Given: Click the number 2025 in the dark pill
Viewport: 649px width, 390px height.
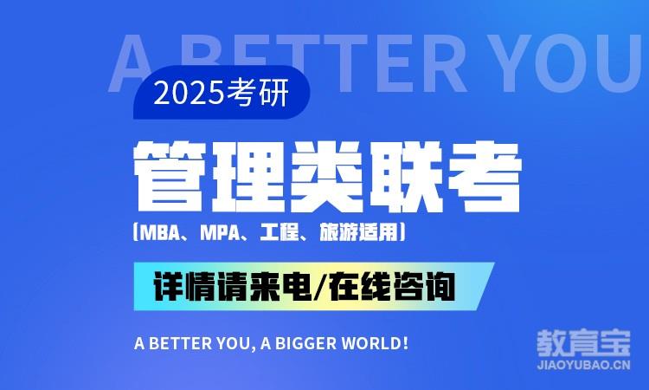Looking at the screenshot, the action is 189,93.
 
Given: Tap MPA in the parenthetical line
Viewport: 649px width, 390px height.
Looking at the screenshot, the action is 221,232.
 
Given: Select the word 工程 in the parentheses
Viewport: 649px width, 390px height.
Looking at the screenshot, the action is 280,232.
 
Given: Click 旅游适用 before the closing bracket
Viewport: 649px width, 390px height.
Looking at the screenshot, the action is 358,232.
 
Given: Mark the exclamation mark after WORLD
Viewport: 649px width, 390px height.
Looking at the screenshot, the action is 405,343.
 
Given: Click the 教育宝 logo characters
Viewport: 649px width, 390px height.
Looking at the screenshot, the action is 583,342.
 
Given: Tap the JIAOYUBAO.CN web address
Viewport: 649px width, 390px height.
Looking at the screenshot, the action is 583,365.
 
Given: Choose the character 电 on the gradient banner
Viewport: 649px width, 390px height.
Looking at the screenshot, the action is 296,286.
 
